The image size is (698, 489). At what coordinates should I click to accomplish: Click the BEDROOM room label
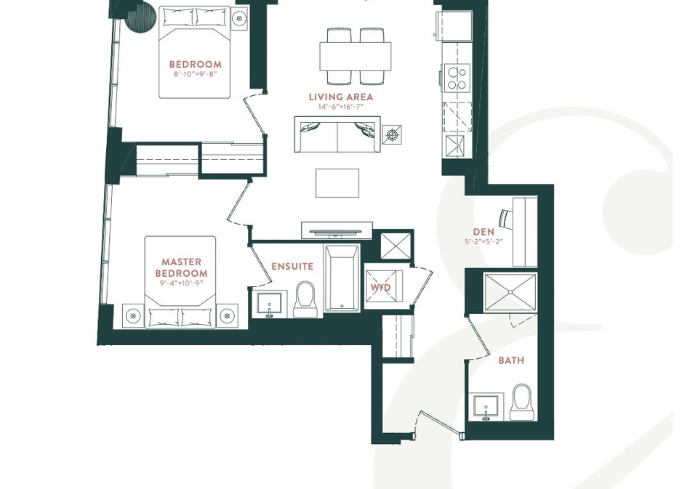click(196, 65)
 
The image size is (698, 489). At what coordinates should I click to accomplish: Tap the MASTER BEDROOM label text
click(181, 267)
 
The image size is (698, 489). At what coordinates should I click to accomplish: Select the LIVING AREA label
click(341, 97)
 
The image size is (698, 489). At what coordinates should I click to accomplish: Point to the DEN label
click(484, 232)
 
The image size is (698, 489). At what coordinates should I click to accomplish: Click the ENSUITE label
click(292, 267)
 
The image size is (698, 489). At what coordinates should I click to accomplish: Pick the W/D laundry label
click(380, 288)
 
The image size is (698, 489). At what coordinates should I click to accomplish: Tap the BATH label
click(511, 360)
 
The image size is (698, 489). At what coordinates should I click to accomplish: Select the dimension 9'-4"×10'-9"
click(181, 283)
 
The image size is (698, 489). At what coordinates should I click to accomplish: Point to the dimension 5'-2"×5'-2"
click(484, 242)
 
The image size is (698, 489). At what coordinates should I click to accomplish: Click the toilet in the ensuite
click(305, 299)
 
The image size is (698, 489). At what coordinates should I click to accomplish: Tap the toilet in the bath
click(522, 402)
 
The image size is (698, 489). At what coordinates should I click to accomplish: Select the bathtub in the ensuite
click(342, 278)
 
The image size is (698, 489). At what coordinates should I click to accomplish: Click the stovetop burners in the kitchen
click(457, 78)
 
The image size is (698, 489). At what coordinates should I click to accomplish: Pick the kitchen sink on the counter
click(455, 146)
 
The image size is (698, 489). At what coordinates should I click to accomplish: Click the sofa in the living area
click(337, 134)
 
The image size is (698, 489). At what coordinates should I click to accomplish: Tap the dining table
click(356, 57)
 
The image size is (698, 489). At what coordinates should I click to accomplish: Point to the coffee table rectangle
click(337, 183)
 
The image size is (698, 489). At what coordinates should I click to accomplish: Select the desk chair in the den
click(505, 217)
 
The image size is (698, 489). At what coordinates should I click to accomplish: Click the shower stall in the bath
click(510, 292)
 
